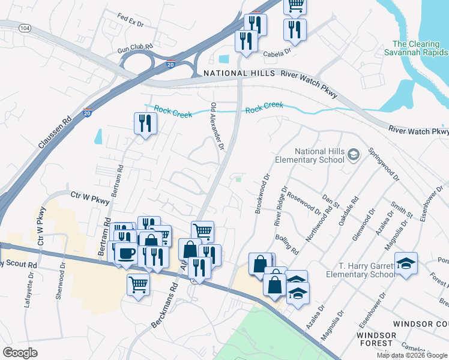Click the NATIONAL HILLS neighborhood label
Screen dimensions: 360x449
pyautogui.click(x=238, y=73)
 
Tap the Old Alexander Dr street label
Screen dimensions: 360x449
pyautogui.click(x=217, y=125)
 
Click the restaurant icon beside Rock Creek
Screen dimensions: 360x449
pyautogui.click(x=145, y=124)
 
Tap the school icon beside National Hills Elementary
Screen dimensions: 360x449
pyautogui.click(x=354, y=155)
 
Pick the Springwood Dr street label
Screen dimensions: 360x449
pyautogui.click(x=384, y=164)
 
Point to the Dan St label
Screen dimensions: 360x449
pyautogui.click(x=329, y=199)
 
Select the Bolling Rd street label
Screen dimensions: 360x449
pyautogui.click(x=288, y=242)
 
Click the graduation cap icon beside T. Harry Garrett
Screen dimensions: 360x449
pyautogui.click(x=406, y=263)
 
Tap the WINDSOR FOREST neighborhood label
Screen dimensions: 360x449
pyautogui.click(x=376, y=339)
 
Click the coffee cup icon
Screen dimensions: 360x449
pyautogui.click(x=126, y=253)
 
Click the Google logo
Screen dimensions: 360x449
pyautogui.click(x=20, y=352)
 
